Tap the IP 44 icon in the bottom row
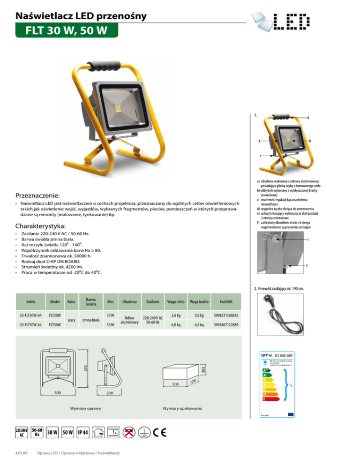(x=82, y=432)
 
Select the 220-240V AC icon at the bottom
(x=22, y=432)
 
